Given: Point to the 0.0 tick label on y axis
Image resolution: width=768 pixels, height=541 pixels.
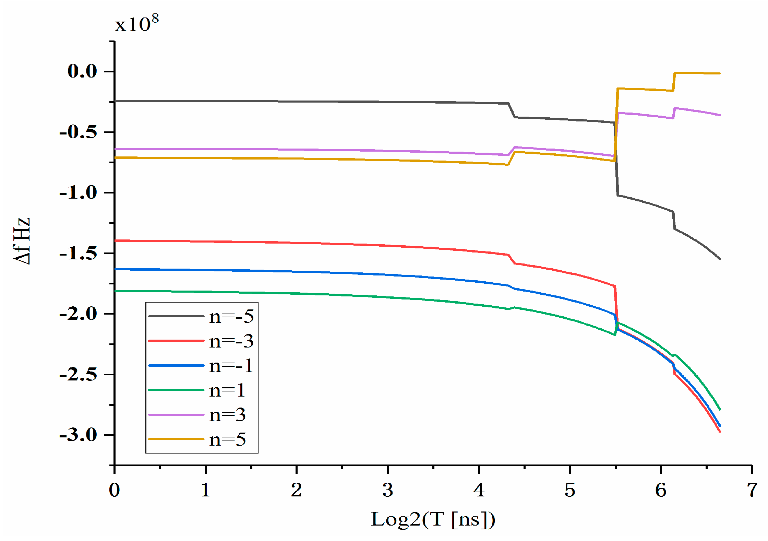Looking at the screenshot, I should (82, 71).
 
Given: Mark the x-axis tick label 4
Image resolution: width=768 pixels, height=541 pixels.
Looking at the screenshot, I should (479, 490).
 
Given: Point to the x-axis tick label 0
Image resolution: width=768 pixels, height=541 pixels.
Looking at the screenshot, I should (115, 490).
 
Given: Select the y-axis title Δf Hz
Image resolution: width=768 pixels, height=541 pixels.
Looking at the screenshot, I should (22, 241).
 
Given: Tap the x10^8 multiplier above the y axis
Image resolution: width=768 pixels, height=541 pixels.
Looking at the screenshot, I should (136, 24).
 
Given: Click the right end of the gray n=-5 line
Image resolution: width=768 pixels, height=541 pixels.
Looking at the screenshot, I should (720, 259).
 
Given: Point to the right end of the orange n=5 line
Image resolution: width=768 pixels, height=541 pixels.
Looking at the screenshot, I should (720, 73).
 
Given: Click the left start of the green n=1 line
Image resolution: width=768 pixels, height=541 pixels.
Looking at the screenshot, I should (116, 291).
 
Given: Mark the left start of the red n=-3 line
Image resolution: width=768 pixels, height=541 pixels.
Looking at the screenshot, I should (116, 241).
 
